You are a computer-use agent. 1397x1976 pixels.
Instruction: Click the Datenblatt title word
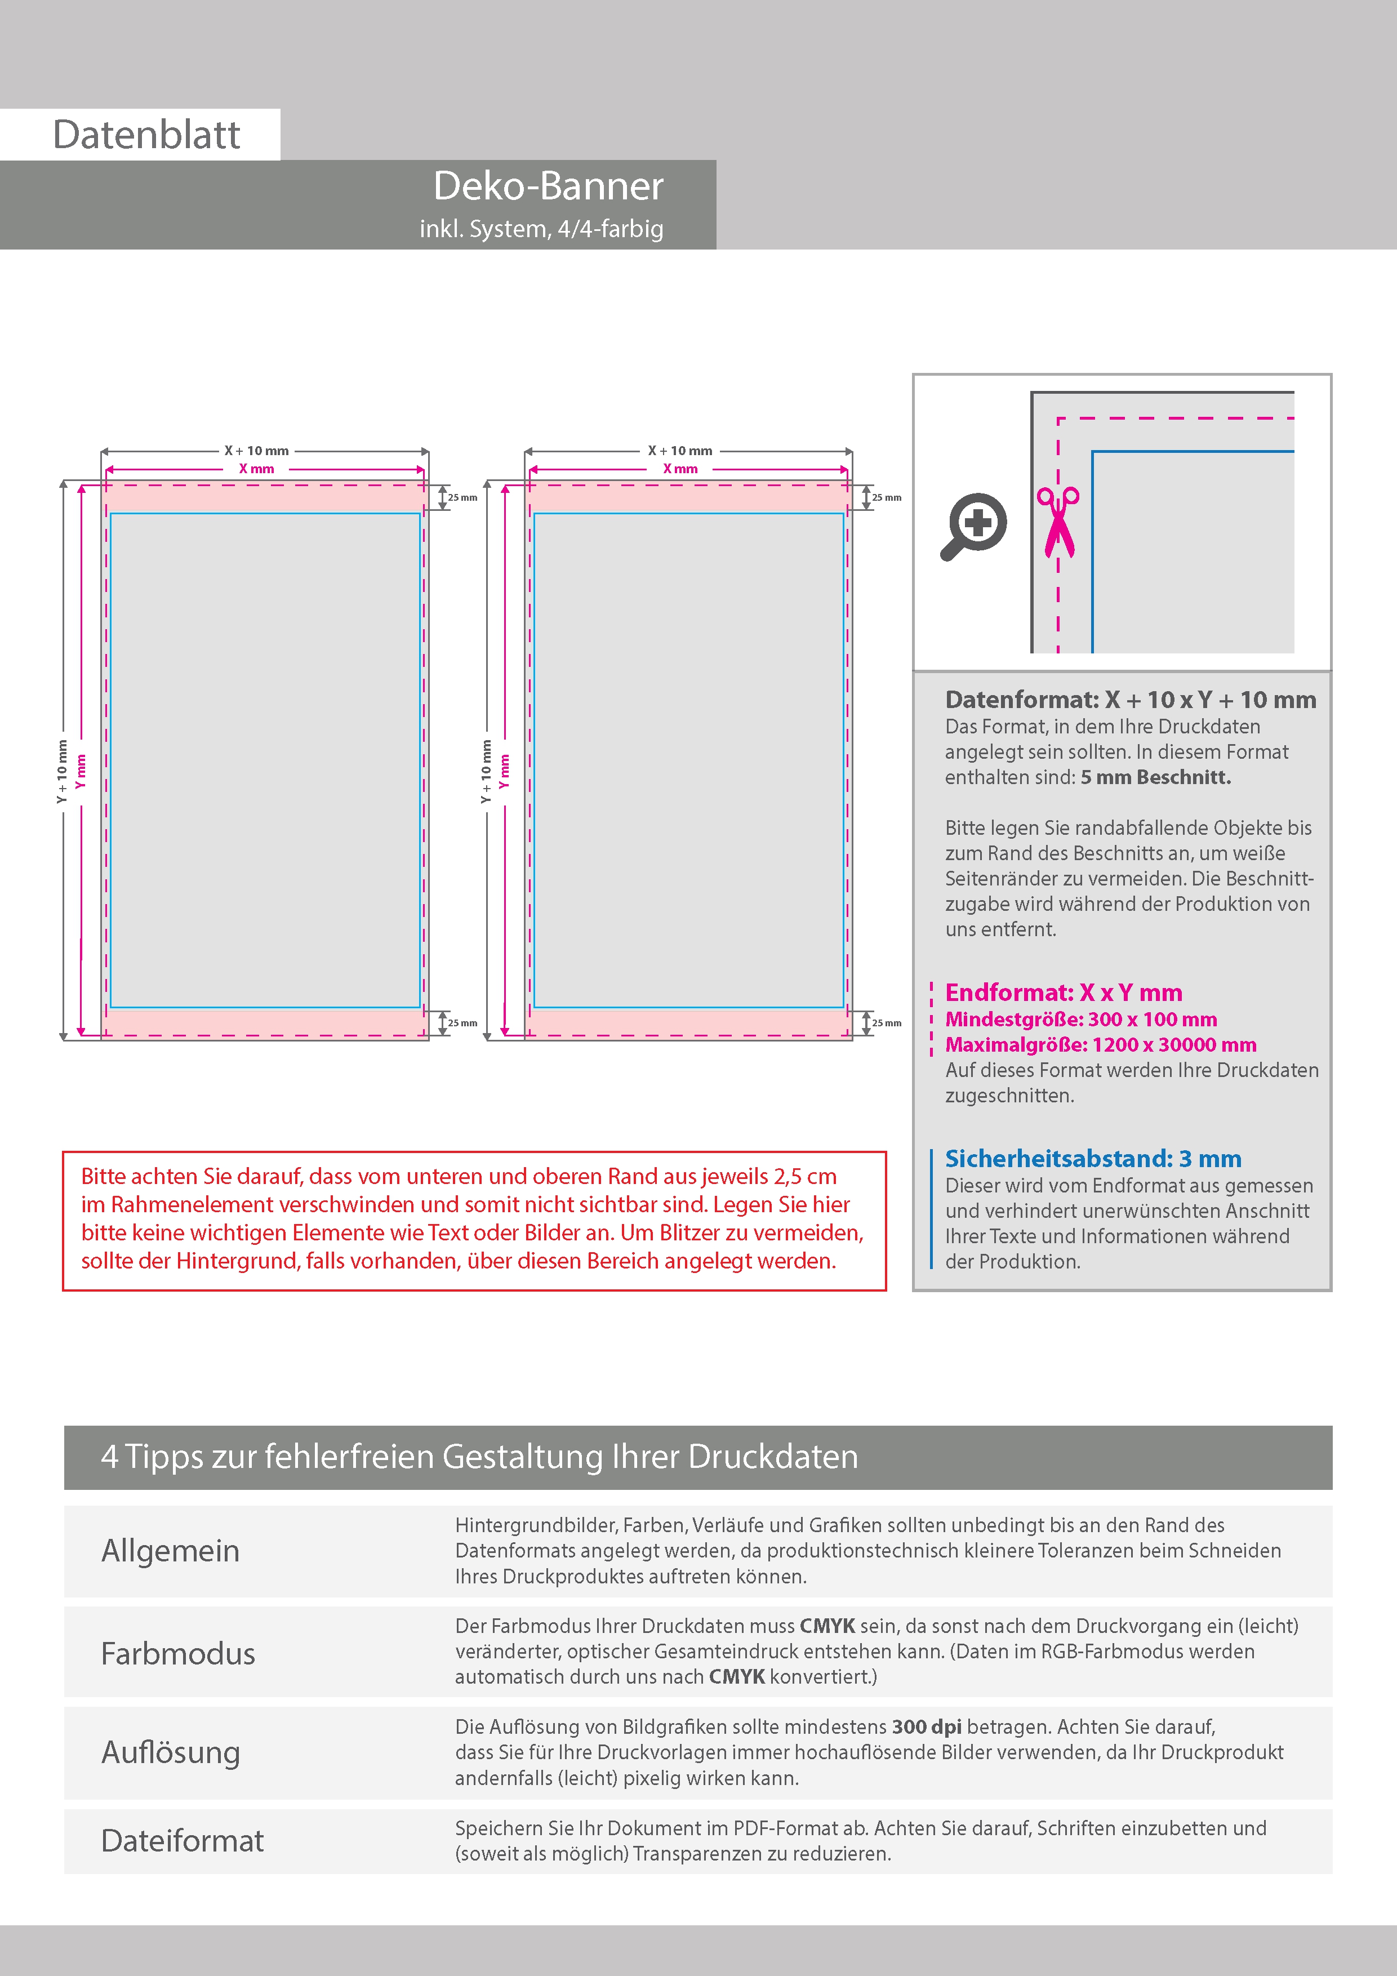146,135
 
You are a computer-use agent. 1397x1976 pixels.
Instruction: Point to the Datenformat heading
1129,700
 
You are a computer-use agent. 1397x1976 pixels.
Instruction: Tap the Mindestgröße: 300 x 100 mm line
1080,1020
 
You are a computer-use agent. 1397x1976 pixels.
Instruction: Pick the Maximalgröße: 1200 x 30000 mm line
1100,1045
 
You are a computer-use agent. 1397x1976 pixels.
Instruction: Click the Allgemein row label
171,1551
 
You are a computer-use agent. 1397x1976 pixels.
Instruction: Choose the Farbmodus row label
178,1653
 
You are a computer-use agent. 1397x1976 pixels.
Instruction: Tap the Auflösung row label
171,1752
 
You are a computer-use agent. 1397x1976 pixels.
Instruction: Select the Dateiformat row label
183,1841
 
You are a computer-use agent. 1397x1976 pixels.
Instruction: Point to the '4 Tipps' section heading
479,1457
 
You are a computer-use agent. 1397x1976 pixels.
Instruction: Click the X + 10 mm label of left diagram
256,451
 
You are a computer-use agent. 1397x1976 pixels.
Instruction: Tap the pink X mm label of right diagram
680,469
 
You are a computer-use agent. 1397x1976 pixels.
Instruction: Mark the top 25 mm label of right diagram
887,497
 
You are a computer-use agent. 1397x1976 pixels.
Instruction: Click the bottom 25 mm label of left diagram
462,1023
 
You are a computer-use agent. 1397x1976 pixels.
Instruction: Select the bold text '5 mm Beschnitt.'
1155,777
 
